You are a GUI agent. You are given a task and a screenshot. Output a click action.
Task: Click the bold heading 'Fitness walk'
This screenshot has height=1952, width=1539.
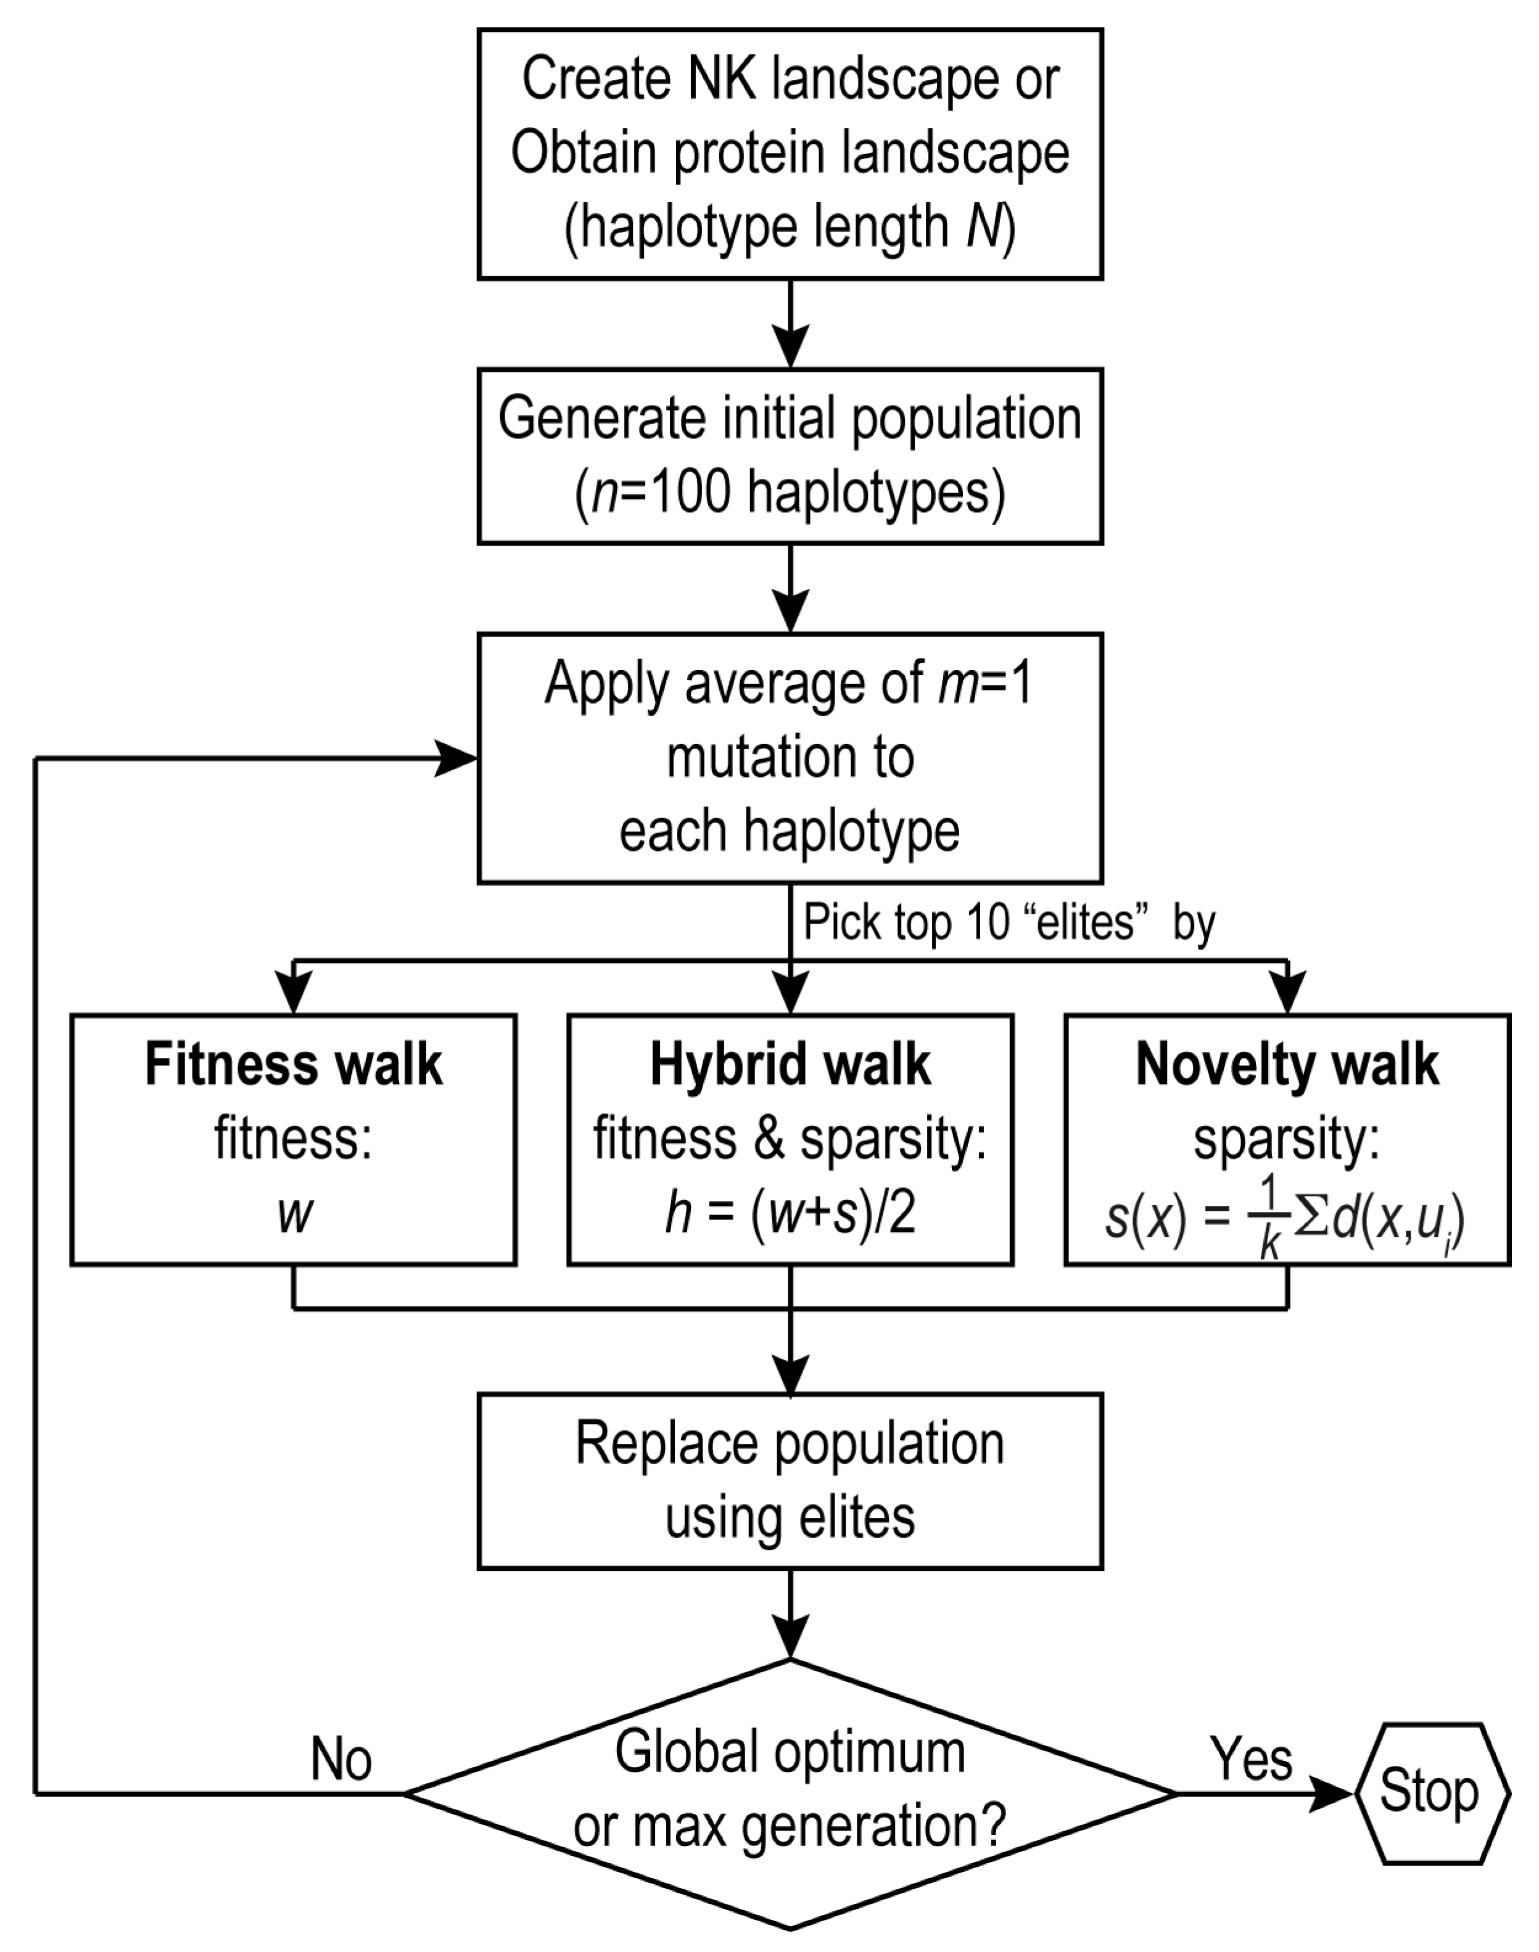[294, 1065]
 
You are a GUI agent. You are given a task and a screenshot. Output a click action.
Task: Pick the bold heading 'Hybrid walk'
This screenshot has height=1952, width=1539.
[790, 1065]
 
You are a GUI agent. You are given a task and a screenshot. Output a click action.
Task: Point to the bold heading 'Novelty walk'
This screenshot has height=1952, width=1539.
[1287, 1065]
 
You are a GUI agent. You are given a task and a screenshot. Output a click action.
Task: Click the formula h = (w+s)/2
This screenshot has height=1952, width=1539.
[790, 1214]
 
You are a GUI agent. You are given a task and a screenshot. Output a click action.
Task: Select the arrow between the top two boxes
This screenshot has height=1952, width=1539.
[790, 324]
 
